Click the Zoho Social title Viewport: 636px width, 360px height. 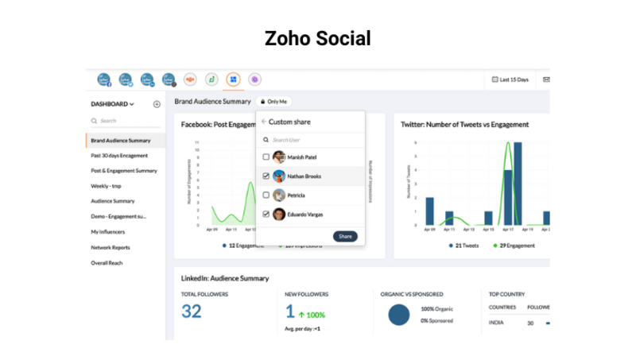click(x=317, y=38)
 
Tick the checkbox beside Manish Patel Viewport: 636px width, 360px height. click(x=266, y=157)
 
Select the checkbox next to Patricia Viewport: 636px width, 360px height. click(x=266, y=195)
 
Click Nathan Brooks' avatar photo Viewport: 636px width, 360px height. click(x=279, y=176)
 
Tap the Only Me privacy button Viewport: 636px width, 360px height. click(x=273, y=102)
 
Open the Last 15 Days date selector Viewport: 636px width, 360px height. click(x=510, y=79)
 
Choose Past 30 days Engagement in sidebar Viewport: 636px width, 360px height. click(x=119, y=156)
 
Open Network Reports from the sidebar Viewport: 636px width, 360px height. click(x=111, y=247)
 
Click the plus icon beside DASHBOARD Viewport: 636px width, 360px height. click(x=157, y=104)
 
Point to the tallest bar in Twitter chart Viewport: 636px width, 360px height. click(x=518, y=184)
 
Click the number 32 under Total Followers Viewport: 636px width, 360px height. click(x=192, y=311)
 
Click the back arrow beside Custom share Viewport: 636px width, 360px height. click(x=264, y=122)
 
